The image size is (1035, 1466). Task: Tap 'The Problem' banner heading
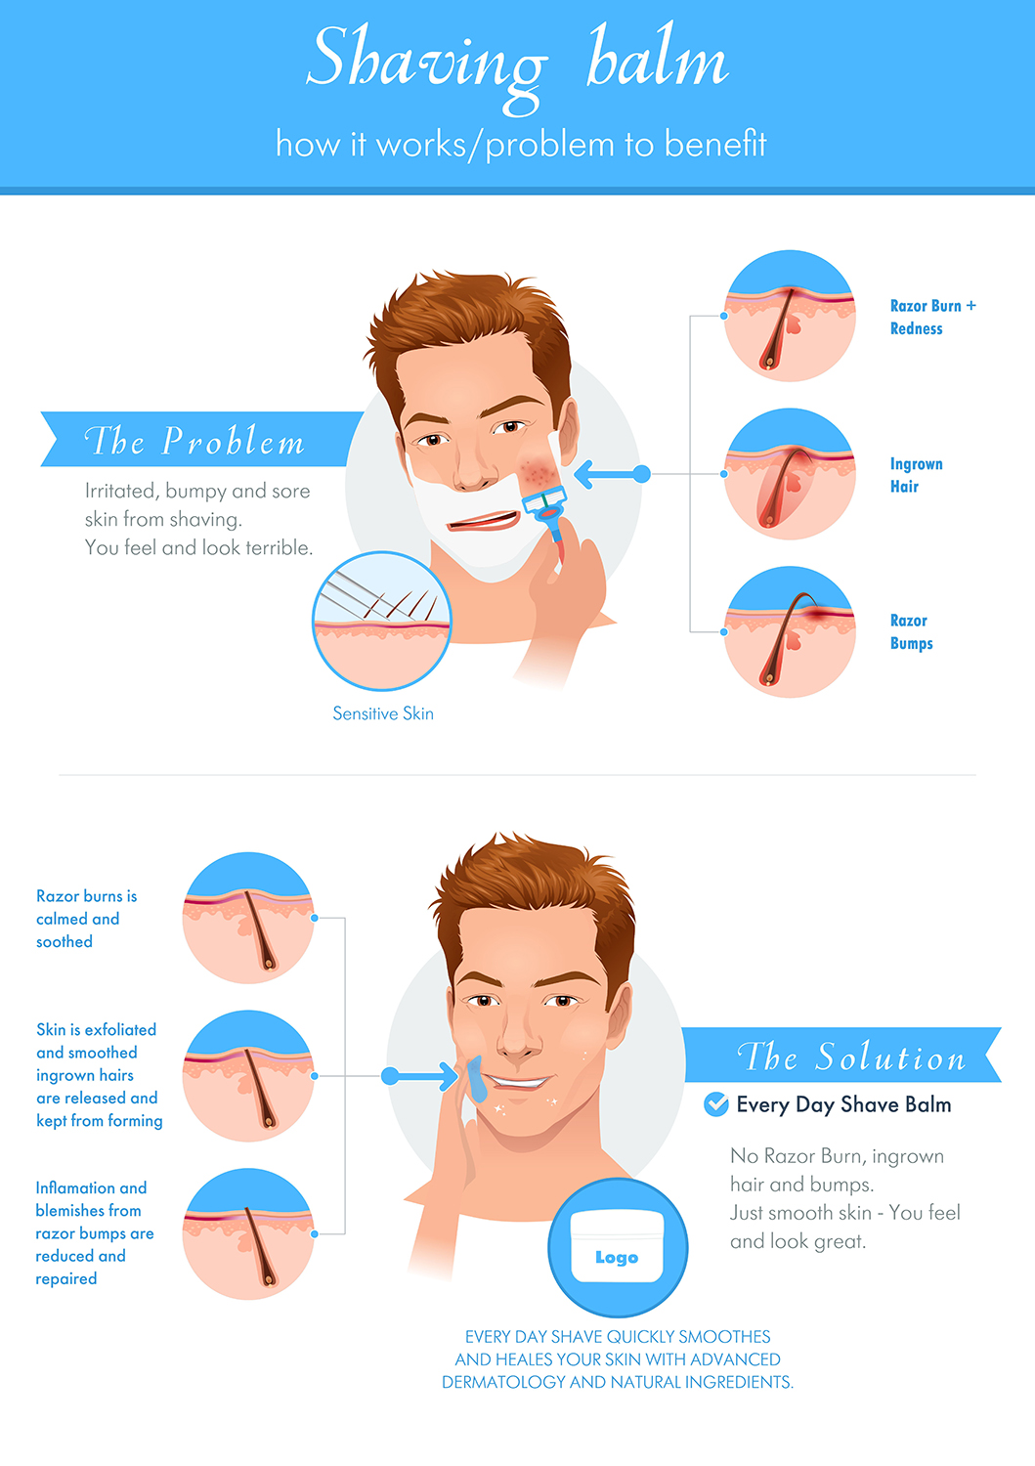(x=194, y=441)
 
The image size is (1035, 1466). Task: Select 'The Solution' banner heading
(x=851, y=1056)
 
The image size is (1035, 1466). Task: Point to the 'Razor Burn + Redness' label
(x=931, y=317)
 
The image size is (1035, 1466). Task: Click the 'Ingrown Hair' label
(x=916, y=475)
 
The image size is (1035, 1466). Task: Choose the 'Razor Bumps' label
(x=911, y=631)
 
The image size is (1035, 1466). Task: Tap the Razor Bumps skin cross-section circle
(x=790, y=632)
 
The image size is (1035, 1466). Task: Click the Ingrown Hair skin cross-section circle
(x=790, y=474)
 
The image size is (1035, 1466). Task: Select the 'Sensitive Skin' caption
(x=383, y=713)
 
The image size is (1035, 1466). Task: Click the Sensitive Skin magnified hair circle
(x=382, y=621)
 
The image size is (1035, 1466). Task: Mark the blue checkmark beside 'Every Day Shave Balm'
(x=716, y=1104)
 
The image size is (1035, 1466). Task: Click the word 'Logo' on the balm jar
(x=617, y=1258)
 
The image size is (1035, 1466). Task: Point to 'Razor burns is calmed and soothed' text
(x=86, y=919)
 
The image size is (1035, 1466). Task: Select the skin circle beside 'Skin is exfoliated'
(x=248, y=1076)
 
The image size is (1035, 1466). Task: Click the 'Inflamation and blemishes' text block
(x=94, y=1232)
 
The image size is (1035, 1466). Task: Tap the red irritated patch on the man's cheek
(x=537, y=474)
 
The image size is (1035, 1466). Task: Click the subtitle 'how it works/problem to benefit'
(x=520, y=144)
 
